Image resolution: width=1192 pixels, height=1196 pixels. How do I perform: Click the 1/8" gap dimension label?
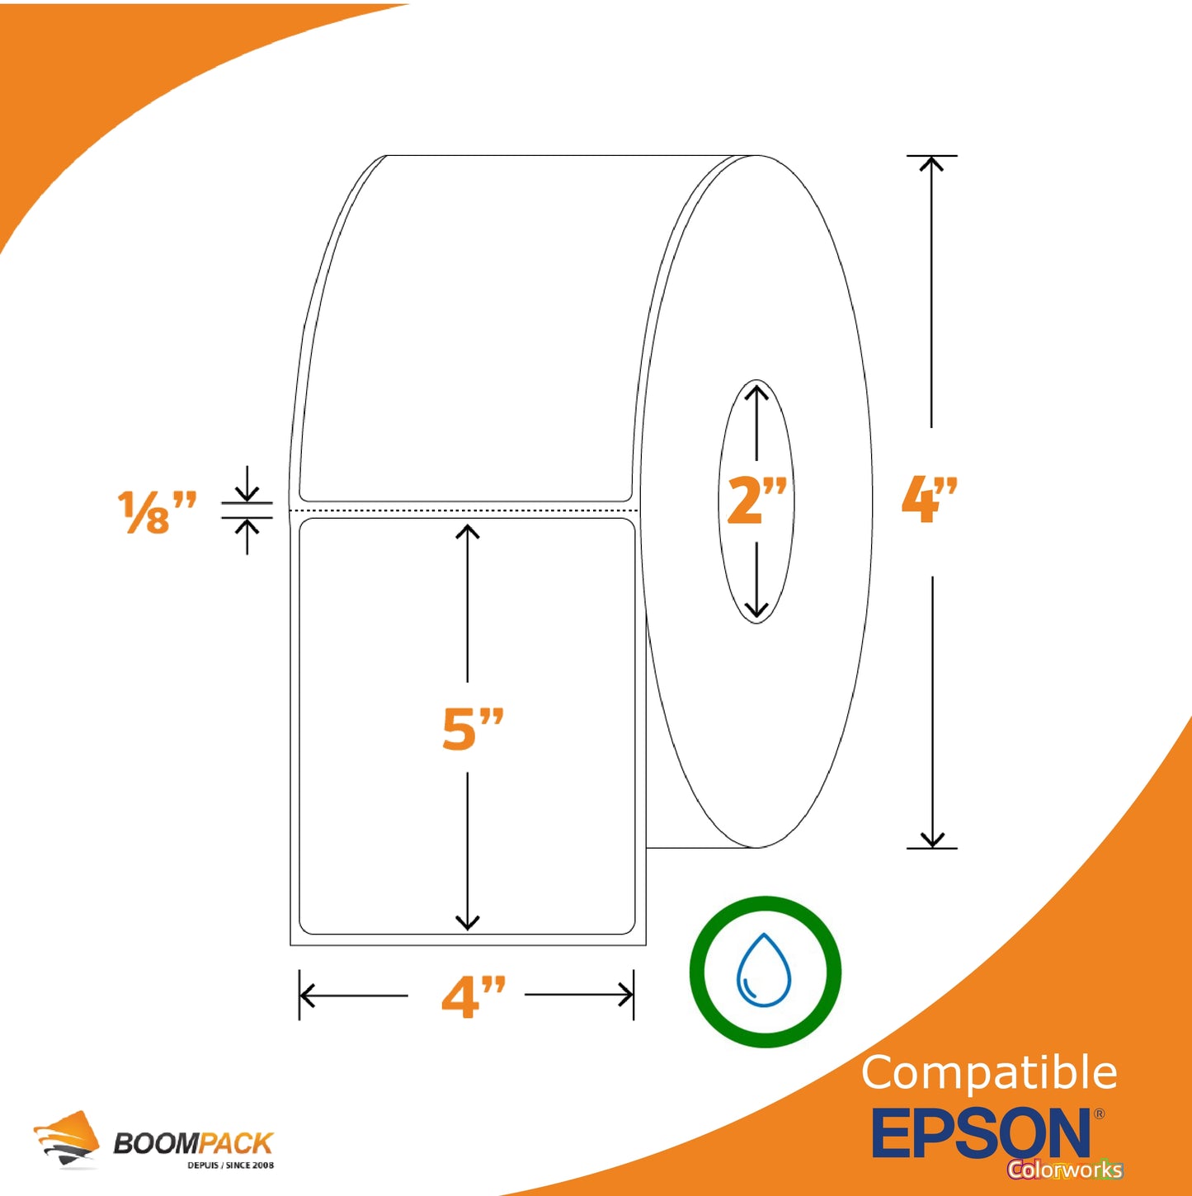(157, 512)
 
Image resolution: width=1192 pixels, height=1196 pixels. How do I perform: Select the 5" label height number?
(473, 728)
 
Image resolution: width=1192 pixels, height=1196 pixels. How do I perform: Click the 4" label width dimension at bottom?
(473, 996)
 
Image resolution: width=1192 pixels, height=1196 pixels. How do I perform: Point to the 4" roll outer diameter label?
(930, 500)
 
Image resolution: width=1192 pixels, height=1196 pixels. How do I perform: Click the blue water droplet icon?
(764, 971)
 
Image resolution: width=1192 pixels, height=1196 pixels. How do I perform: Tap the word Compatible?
(989, 1073)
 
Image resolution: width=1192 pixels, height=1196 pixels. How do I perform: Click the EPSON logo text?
(981, 1133)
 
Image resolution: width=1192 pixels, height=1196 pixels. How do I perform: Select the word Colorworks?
(1065, 1170)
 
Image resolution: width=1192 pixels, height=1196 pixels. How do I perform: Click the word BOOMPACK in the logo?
(193, 1143)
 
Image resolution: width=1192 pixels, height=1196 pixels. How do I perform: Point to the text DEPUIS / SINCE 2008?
(230, 1165)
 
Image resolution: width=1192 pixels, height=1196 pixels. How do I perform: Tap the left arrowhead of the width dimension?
(305, 996)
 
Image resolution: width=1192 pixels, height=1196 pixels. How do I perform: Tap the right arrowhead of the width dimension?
(628, 996)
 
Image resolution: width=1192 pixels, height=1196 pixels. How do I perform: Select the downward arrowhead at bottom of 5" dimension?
(468, 924)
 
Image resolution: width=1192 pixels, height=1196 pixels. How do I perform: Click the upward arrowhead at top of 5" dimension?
(468, 531)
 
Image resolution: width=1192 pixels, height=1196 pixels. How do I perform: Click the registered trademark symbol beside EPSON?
(1099, 1114)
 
